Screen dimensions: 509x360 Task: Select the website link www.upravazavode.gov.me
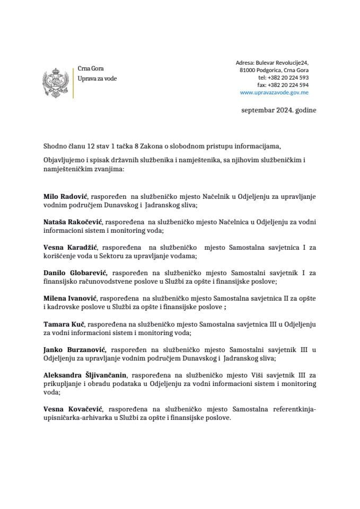274,92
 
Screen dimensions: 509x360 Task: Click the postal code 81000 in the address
248,70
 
